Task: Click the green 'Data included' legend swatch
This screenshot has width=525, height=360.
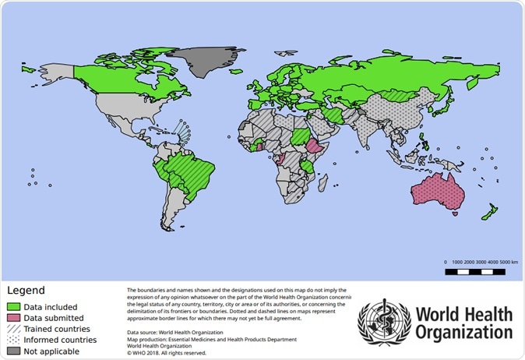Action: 13,307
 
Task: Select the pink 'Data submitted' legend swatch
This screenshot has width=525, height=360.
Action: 13,318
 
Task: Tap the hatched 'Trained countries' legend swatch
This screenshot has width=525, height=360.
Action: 13,329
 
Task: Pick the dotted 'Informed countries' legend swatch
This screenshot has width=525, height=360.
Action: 13,340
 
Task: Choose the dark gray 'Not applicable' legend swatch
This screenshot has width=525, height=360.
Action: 13,351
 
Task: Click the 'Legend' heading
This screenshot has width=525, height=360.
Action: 26,291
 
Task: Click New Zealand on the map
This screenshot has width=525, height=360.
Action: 489,211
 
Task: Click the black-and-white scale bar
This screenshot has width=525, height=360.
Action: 480,272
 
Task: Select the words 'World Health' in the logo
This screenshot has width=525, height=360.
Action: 463,315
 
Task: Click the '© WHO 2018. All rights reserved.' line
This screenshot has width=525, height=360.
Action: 167,353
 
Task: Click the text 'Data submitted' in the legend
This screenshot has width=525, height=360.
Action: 53,318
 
